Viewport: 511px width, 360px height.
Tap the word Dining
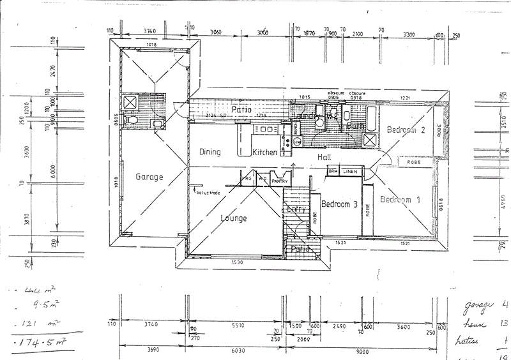pos(210,152)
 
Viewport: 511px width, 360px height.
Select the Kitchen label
pos(264,153)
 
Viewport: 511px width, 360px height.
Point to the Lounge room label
pos(234,218)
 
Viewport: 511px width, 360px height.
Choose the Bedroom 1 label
pos(400,200)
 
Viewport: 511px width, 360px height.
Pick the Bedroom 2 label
pos(406,130)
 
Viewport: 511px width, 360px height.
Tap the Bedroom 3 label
pos(339,205)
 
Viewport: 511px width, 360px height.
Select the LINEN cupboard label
pos(349,171)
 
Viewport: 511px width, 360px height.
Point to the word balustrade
pos(209,191)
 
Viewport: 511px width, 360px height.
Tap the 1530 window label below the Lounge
pos(237,262)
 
